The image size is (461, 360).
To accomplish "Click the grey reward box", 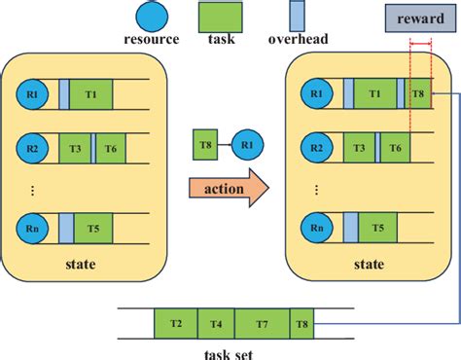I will pyautogui.click(x=415, y=18).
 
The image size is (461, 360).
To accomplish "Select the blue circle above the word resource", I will pyautogui.click(x=151, y=18).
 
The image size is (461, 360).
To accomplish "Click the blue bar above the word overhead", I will pyautogui.click(x=299, y=18).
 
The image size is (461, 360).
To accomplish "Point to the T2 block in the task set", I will pyautogui.click(x=175, y=323).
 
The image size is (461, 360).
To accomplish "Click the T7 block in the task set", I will pyautogui.click(x=262, y=323).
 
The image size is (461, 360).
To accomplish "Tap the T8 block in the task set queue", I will pyautogui.click(x=303, y=323).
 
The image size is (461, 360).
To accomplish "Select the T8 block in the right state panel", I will pyautogui.click(x=418, y=94).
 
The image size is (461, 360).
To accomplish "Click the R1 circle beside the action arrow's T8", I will pyautogui.click(x=247, y=145).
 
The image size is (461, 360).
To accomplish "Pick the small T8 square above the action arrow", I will pyautogui.click(x=205, y=145).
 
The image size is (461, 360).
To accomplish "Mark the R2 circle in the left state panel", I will pyautogui.click(x=31, y=150).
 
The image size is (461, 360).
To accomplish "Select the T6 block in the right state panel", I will pyautogui.click(x=395, y=150).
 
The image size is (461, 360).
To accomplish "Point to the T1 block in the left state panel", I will pyautogui.click(x=91, y=94).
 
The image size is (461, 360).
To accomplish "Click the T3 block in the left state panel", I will pyautogui.click(x=75, y=150).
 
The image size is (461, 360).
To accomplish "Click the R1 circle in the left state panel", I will pyautogui.click(x=31, y=94).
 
